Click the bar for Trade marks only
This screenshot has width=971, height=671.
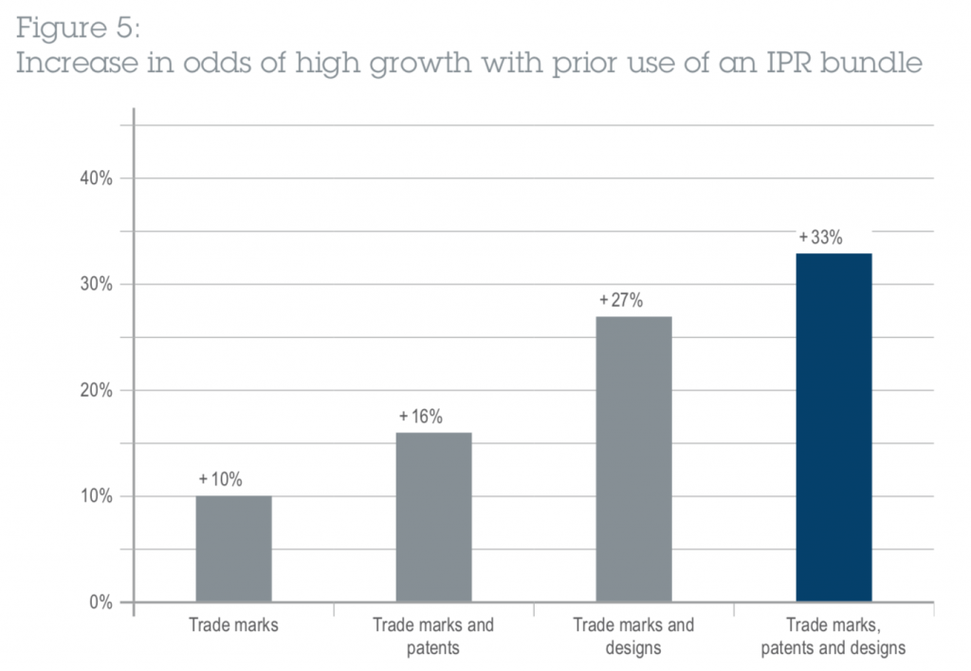point(233,549)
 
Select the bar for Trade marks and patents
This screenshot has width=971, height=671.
point(433,517)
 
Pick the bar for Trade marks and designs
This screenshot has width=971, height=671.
point(633,459)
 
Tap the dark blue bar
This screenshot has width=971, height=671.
point(834,427)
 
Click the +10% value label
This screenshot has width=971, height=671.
point(221,479)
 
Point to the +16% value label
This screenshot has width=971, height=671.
point(421,416)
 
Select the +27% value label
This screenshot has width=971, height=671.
point(621,300)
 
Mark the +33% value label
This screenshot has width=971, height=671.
point(821,237)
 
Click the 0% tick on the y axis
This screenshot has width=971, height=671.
point(101,603)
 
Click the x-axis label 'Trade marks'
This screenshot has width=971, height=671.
point(233,625)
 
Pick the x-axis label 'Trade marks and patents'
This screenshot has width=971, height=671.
point(433,637)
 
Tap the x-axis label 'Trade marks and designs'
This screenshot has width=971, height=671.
point(633,637)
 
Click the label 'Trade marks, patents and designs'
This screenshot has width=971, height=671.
point(834,637)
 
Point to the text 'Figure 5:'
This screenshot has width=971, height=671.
point(78,29)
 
